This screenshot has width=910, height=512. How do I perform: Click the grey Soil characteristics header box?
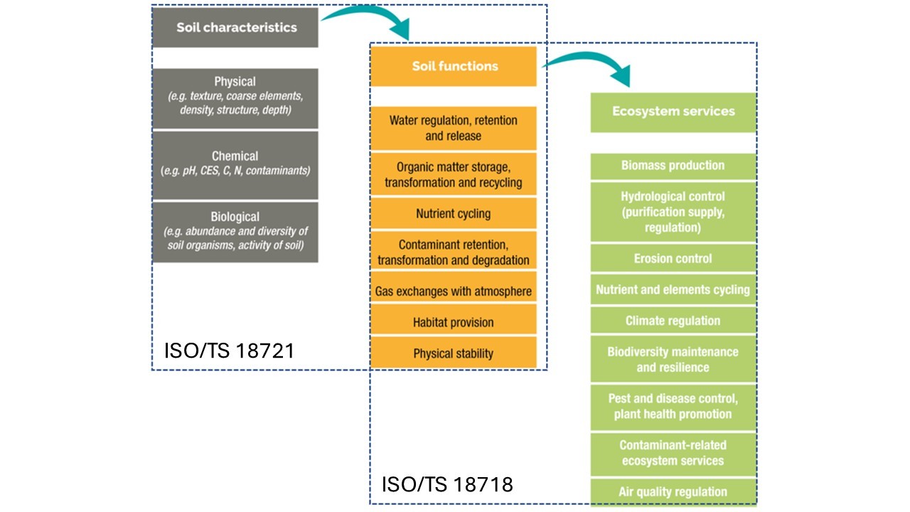coord(235,28)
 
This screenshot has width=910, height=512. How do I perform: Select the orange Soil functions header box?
coord(454,66)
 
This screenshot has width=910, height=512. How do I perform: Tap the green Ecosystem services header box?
coord(673,112)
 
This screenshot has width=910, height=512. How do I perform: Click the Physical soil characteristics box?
coord(235,98)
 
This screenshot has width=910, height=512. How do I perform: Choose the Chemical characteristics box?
coord(235,164)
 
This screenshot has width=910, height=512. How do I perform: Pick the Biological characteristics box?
coord(235,232)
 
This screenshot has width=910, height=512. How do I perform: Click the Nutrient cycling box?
coord(454,213)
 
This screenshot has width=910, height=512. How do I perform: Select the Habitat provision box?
coord(454,322)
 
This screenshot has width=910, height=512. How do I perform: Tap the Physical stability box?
coord(454,353)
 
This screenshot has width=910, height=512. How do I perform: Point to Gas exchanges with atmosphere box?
coord(454,291)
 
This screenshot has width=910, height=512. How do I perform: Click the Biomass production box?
coord(673,166)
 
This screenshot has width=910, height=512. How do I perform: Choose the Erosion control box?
coord(673,259)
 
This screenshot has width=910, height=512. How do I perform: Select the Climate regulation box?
coord(673,321)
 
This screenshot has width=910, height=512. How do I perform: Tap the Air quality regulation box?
coord(673,492)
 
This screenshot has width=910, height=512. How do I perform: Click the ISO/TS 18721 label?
coord(229,351)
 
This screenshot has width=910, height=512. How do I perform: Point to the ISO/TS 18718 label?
coord(447,485)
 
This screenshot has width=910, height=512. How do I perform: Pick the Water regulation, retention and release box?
coord(454,128)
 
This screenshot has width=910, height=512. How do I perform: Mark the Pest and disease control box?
coord(673,406)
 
